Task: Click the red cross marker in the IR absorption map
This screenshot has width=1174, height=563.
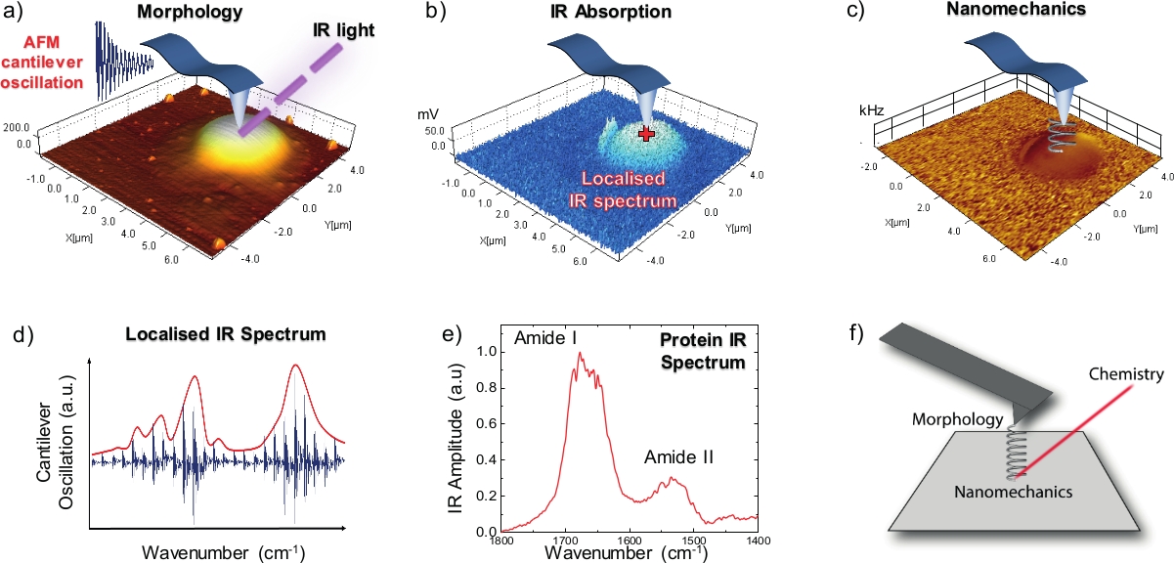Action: pos(644,134)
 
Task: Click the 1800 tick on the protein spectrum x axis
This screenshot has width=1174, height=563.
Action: pos(502,541)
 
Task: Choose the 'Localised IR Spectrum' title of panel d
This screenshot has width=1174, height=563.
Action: pos(226,334)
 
